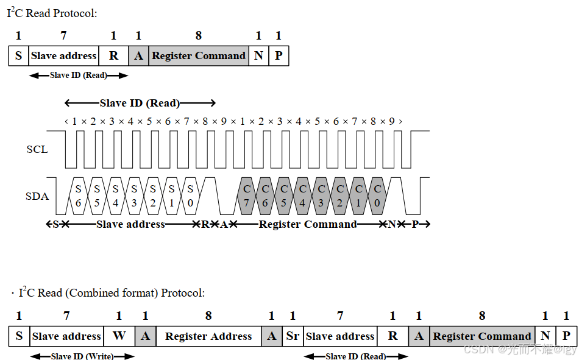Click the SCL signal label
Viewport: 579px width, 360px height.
(37, 149)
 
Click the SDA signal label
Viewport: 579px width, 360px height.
(37, 196)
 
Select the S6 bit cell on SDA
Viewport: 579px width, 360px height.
(78, 196)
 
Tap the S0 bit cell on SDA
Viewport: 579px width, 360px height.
(191, 196)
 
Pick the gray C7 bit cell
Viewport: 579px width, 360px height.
(246, 196)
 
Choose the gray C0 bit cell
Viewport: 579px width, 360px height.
(378, 196)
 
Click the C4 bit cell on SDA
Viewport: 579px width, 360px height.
(302, 196)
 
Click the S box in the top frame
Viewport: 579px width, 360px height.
(18, 56)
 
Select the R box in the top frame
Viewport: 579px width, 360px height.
(113, 56)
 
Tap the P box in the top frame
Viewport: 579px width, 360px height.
(279, 56)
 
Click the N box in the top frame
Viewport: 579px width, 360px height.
(258, 56)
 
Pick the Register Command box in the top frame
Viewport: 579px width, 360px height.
(199, 56)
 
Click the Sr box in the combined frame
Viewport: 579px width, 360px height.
(293, 336)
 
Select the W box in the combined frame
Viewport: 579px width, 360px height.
(119, 336)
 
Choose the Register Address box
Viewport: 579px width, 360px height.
(208, 336)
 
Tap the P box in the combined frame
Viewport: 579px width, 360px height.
(566, 336)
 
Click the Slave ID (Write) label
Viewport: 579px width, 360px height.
(82, 356)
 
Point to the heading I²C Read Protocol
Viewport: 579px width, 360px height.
(52, 13)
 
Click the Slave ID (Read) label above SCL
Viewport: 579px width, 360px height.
(140, 103)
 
